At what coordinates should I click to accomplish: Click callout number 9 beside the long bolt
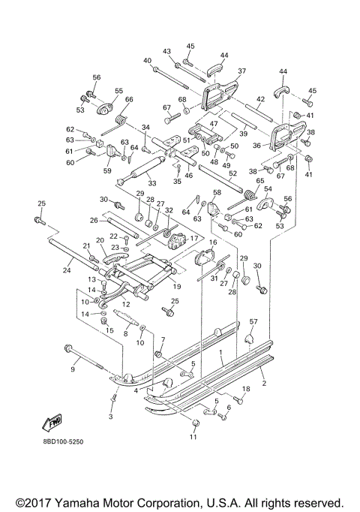(73, 369)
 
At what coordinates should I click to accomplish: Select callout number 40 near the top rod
(146, 60)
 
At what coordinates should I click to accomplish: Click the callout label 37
(241, 71)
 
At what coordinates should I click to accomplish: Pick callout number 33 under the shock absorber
(151, 183)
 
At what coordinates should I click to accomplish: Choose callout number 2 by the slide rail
(263, 383)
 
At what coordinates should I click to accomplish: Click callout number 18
(244, 388)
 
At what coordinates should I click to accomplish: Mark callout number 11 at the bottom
(193, 438)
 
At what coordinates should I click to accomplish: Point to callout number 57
(253, 322)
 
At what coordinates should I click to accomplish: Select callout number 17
(193, 239)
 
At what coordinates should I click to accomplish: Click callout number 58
(217, 193)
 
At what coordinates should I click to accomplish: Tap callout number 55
(118, 91)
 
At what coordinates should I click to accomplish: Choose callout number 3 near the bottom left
(111, 416)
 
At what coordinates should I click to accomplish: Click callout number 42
(260, 99)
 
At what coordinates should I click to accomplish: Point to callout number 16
(212, 242)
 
